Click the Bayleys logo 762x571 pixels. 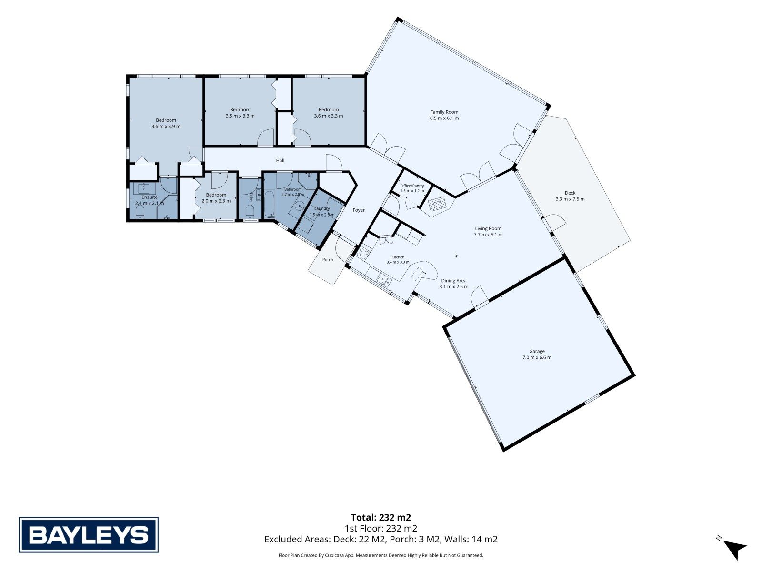point(89,534)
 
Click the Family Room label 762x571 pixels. point(444,112)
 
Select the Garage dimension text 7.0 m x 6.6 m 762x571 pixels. point(537,357)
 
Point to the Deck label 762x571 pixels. point(570,193)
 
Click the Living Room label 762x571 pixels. point(488,228)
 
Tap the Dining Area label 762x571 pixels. point(454,281)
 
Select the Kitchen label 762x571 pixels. point(398,257)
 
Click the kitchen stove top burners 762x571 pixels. point(363,253)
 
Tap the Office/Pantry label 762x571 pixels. point(412,186)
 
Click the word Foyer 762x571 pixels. point(359,210)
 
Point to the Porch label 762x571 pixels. point(328,260)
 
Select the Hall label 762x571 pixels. point(280,160)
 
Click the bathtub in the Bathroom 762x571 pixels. point(270,203)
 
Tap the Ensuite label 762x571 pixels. point(149,197)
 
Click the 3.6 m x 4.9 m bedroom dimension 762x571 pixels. point(166,127)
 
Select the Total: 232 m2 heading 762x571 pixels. point(381,518)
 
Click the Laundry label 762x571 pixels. point(322,209)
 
